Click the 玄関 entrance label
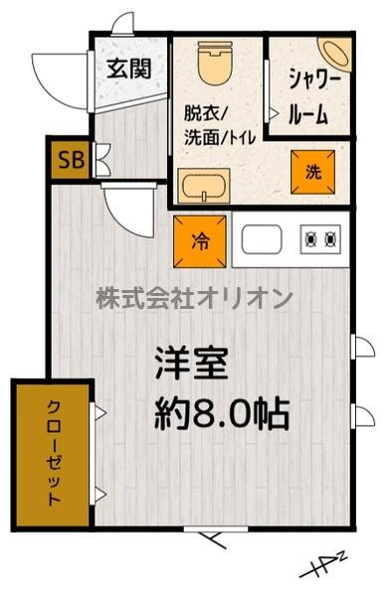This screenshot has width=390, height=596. tap(129, 69)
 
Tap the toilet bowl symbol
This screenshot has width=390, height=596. tap(215, 63)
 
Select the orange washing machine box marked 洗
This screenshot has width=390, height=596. tap(313, 172)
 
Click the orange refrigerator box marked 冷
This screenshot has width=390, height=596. tap(200, 241)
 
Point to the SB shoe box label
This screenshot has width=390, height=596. tap(72, 160)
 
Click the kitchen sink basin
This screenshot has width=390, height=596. tap(262, 239)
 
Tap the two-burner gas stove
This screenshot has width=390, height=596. tap(320, 239)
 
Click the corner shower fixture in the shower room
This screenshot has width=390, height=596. tap(336, 54)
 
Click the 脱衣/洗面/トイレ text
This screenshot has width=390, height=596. tap(220, 125)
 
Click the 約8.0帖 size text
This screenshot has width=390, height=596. tap(222, 413)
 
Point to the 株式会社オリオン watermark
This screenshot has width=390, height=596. tap(194, 298)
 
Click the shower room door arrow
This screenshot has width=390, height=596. tap(274, 112)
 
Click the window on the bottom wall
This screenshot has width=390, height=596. tap(216, 528)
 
